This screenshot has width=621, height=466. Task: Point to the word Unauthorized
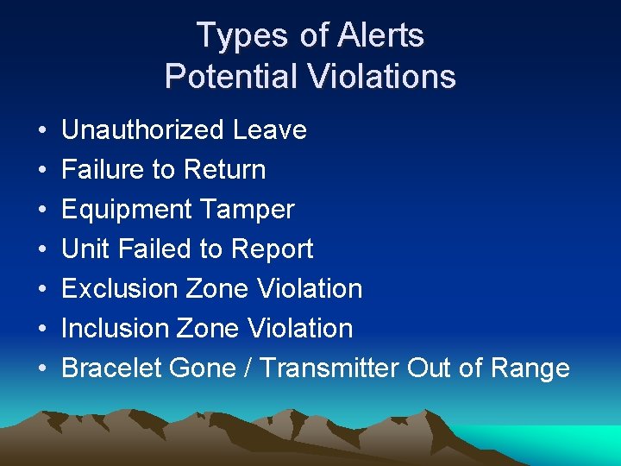(x=142, y=130)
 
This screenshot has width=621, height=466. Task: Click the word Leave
(x=269, y=130)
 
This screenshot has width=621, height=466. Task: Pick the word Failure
(x=103, y=170)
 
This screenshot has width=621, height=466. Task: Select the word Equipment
(x=128, y=210)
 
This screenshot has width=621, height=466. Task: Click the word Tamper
(x=248, y=210)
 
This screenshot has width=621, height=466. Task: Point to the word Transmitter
(x=329, y=368)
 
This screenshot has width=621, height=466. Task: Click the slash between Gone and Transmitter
(x=248, y=368)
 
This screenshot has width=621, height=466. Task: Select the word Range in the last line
(x=530, y=368)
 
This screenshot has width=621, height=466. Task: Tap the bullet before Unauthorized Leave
(x=42, y=131)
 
